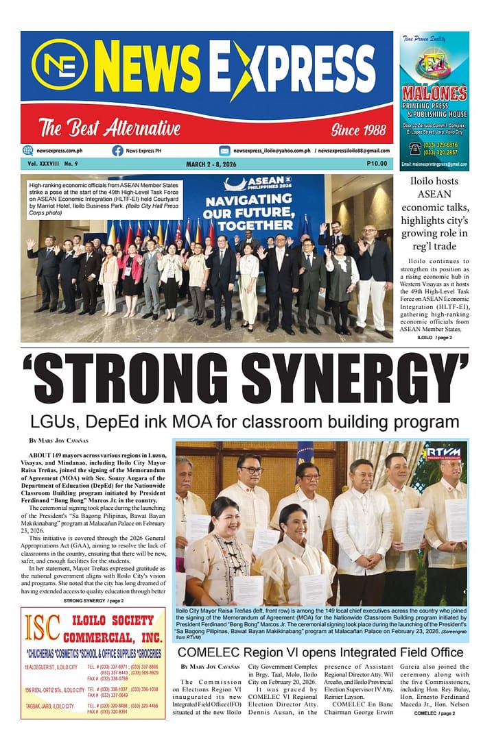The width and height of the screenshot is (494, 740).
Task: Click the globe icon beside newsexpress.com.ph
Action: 27,151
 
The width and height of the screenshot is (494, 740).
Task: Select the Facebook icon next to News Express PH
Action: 117,151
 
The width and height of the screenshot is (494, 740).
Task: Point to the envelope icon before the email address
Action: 224,151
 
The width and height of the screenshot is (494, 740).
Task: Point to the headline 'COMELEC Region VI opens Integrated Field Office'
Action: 320,652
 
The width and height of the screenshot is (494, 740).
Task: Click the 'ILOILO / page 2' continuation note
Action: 434,338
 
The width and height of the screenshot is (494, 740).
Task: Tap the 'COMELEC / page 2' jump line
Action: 434,713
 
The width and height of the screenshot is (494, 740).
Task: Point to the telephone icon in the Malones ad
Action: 415,148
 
